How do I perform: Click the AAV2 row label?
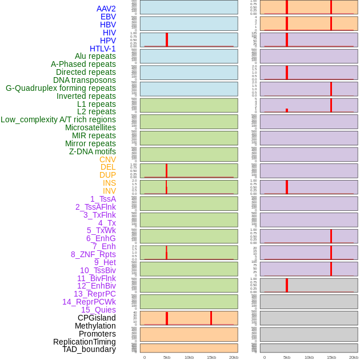(x=106, y=9)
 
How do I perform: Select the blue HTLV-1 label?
(x=102, y=49)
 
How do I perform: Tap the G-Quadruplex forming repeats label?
(x=61, y=88)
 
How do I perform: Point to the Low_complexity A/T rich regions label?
(x=58, y=119)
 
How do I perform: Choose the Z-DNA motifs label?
(x=92, y=151)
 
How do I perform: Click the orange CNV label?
(x=107, y=159)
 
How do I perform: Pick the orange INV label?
(x=109, y=191)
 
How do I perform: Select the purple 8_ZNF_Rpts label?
(x=93, y=254)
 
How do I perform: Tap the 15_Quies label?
(x=98, y=310)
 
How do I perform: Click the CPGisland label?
(x=97, y=318)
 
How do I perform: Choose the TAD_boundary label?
(x=89, y=349)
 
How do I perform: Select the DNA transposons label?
(x=85, y=80)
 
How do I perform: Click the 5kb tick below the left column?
(x=167, y=357)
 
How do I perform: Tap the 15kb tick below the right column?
(x=331, y=357)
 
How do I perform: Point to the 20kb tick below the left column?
(x=234, y=357)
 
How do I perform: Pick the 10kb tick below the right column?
(x=309, y=357)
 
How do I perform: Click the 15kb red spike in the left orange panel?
(x=211, y=318)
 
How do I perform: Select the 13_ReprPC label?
(x=94, y=294)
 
